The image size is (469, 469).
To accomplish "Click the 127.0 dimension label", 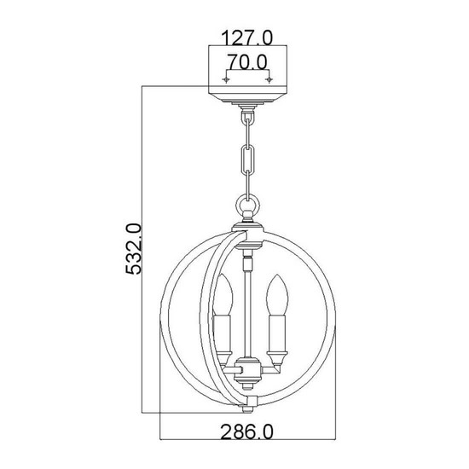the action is coord(247,38).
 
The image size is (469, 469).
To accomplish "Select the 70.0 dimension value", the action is coord(247,62).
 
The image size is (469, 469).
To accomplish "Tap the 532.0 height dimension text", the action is coord(133,249).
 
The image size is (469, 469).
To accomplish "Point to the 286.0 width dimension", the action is coord(247,432).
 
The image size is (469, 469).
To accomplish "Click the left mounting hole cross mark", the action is coord(226,79).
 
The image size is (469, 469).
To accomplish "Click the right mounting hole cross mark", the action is coord(269,79).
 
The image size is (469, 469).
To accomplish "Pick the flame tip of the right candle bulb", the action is coord(277,275).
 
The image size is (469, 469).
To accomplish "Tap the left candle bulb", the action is coord(223,295).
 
